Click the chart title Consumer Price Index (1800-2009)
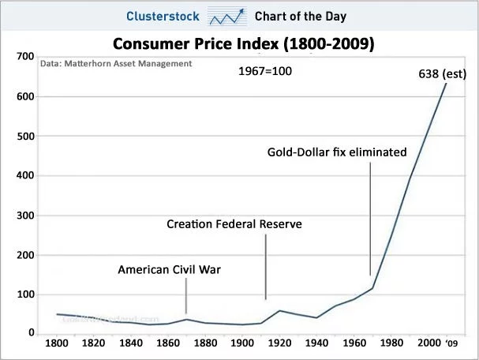click(242, 43)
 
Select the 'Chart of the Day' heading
click(301, 17)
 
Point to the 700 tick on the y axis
click(21, 58)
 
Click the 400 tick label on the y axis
click(21, 176)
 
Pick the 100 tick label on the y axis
click(21, 294)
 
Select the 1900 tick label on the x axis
click(242, 343)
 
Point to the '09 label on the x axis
click(451, 343)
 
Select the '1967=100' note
click(265, 71)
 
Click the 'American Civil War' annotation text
click(169, 270)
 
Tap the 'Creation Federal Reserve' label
click(234, 224)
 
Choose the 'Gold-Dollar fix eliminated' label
click(337, 152)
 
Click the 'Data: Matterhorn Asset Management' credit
click(115, 63)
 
